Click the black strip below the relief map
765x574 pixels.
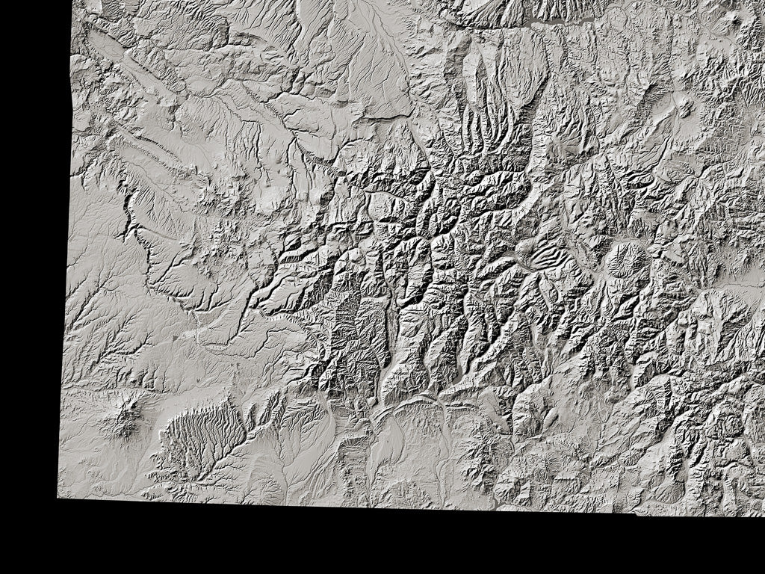point(374,542)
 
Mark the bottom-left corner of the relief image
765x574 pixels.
point(58,496)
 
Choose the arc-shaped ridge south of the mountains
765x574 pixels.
point(407,404)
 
